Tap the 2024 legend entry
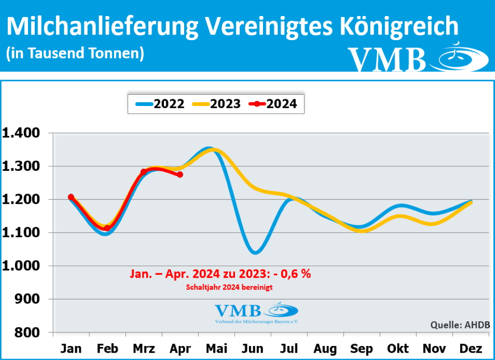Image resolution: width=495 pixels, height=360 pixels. [x=273, y=104]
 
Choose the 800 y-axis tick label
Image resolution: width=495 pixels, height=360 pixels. [x=29, y=333]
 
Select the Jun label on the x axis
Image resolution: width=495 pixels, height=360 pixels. [x=253, y=349]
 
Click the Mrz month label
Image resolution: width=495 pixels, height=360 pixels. [x=144, y=349]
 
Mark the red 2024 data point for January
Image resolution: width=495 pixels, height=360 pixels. [x=71, y=197]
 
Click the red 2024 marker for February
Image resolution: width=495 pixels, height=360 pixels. [x=107, y=228]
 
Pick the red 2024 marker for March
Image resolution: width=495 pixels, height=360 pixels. [x=144, y=172]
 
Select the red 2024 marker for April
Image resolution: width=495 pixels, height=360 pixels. [x=180, y=175]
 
